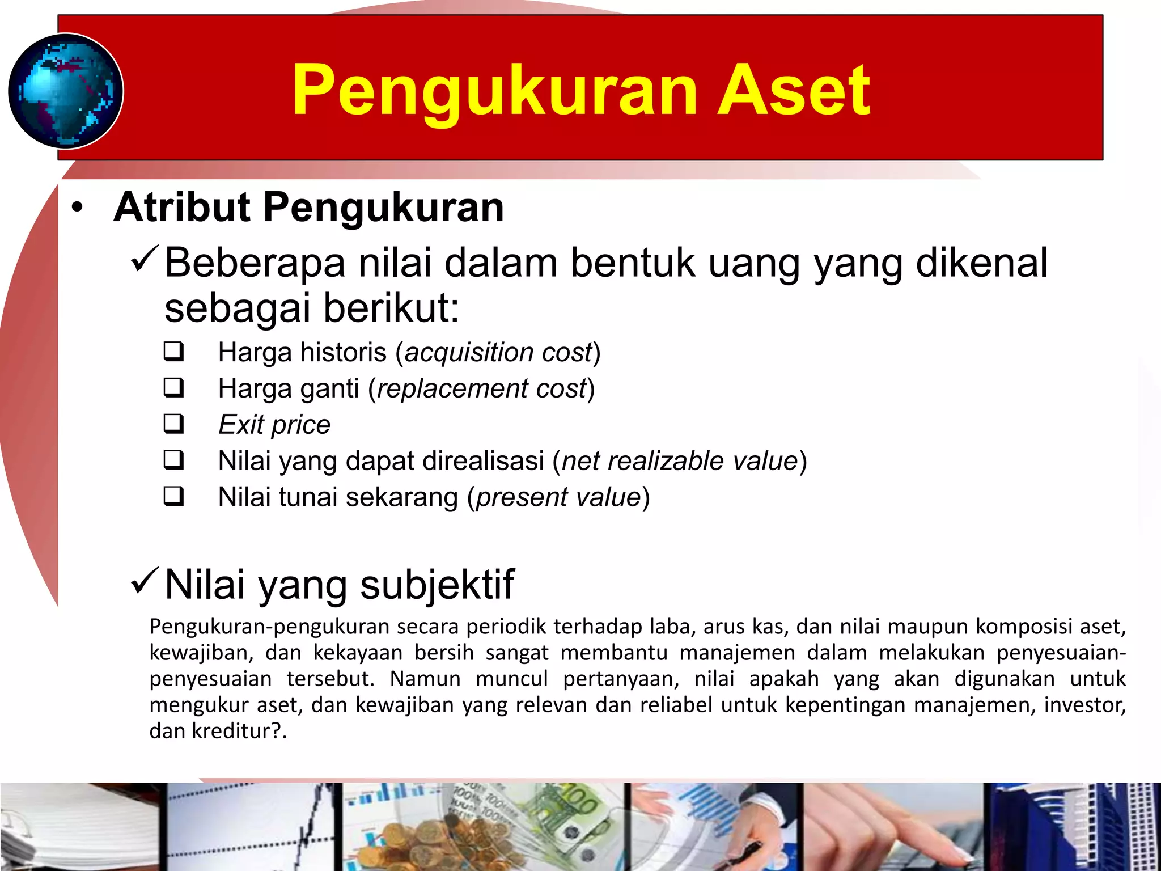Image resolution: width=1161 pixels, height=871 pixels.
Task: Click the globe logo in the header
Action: [x=66, y=91]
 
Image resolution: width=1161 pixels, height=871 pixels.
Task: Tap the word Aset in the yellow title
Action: [x=794, y=91]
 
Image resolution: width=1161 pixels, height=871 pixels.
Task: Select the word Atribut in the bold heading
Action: [x=181, y=208]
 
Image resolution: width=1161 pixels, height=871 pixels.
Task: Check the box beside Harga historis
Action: [x=173, y=352]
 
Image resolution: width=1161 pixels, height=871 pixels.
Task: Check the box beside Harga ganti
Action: [x=173, y=388]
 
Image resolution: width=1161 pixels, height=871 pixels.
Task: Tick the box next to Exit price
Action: [x=173, y=424]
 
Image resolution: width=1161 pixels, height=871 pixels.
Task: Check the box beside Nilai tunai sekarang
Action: [x=173, y=497]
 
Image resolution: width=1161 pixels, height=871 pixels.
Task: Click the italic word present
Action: [x=521, y=498]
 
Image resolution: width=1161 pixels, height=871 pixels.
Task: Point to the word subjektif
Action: [x=437, y=585]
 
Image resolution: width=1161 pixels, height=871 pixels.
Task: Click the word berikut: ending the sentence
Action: [x=391, y=308]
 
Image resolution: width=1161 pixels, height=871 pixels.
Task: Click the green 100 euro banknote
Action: [x=573, y=817]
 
